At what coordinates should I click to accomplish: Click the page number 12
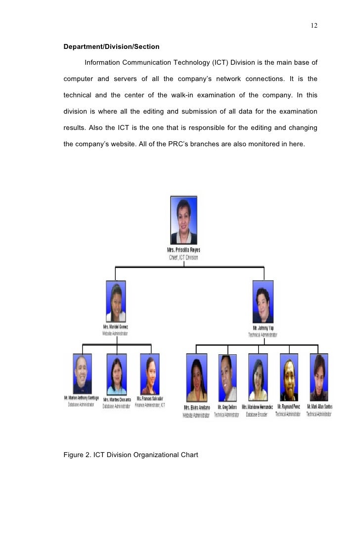click(x=314, y=26)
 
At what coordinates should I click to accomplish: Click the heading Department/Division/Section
click(x=112, y=47)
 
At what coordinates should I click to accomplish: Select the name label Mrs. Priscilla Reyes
click(x=184, y=251)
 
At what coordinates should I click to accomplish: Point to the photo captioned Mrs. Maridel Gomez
click(x=116, y=301)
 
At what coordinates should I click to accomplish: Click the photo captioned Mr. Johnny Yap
click(x=263, y=301)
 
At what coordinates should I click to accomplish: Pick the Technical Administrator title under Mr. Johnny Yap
click(x=263, y=335)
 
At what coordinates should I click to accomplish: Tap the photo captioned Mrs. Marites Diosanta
click(x=117, y=374)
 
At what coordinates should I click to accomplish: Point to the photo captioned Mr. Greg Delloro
click(x=227, y=378)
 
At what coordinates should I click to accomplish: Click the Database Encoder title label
click(x=257, y=415)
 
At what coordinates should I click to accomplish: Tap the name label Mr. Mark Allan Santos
click(x=319, y=407)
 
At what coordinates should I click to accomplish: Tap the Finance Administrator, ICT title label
click(x=150, y=405)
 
